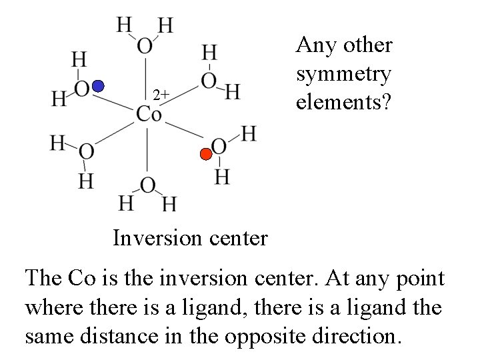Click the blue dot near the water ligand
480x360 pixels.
[x=98, y=86]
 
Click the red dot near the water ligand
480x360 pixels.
[x=207, y=155]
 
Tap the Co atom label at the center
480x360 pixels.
[x=148, y=114]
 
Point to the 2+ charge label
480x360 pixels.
[x=160, y=95]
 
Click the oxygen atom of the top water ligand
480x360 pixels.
[x=145, y=45]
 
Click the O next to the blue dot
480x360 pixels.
[x=82, y=89]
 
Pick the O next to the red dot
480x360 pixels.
[x=218, y=146]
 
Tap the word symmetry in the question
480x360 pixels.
[x=343, y=74]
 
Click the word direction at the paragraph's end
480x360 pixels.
[x=353, y=335]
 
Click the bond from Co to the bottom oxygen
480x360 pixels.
[x=147, y=150]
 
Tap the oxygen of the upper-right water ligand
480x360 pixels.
[x=209, y=81]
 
